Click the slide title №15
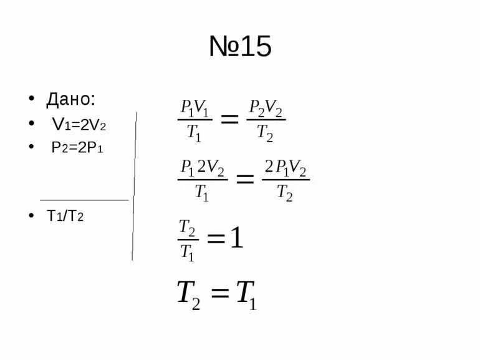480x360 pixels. point(240,47)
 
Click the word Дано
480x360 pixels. point(71,99)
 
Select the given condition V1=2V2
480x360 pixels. point(79,125)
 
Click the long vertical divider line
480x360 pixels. point(134,187)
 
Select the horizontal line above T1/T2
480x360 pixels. point(84,200)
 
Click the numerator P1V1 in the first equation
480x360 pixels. point(194,107)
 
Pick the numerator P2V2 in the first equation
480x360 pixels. point(266,107)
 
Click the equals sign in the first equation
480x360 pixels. point(229,119)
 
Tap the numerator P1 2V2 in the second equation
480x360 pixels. point(203,168)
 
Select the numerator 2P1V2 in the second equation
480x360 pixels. point(286,168)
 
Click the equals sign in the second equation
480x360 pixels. point(244,179)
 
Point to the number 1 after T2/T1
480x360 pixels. point(237,238)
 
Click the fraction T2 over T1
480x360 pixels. point(188,239)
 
